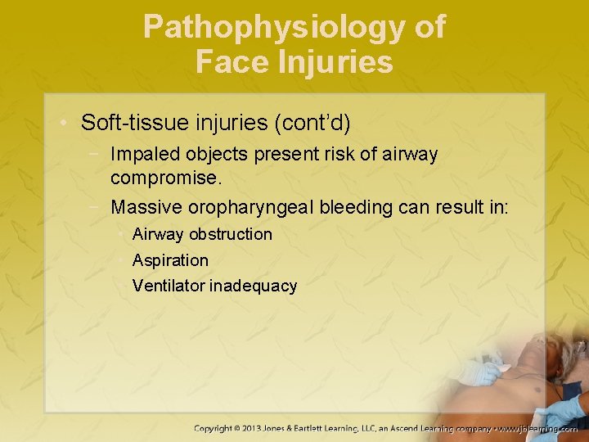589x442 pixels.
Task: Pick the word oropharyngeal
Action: [263, 208]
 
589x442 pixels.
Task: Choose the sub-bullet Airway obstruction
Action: [202, 234]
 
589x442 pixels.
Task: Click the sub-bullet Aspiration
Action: [170, 260]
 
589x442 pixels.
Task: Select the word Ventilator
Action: [169, 286]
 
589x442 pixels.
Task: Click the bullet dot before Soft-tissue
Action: [65, 124]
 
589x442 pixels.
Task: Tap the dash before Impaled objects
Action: [98, 154]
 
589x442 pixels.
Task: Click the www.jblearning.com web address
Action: [540, 428]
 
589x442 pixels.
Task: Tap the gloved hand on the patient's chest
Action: [482, 372]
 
